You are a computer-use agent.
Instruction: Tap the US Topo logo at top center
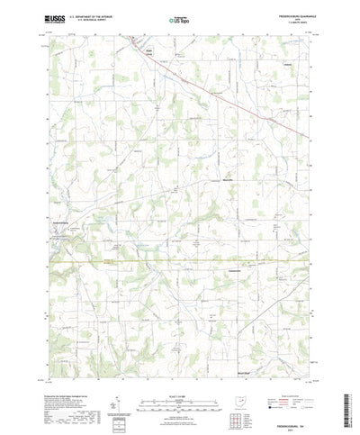tap(179, 17)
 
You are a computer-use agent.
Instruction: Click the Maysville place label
tap(204, 182)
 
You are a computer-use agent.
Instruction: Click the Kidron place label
tap(288, 66)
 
